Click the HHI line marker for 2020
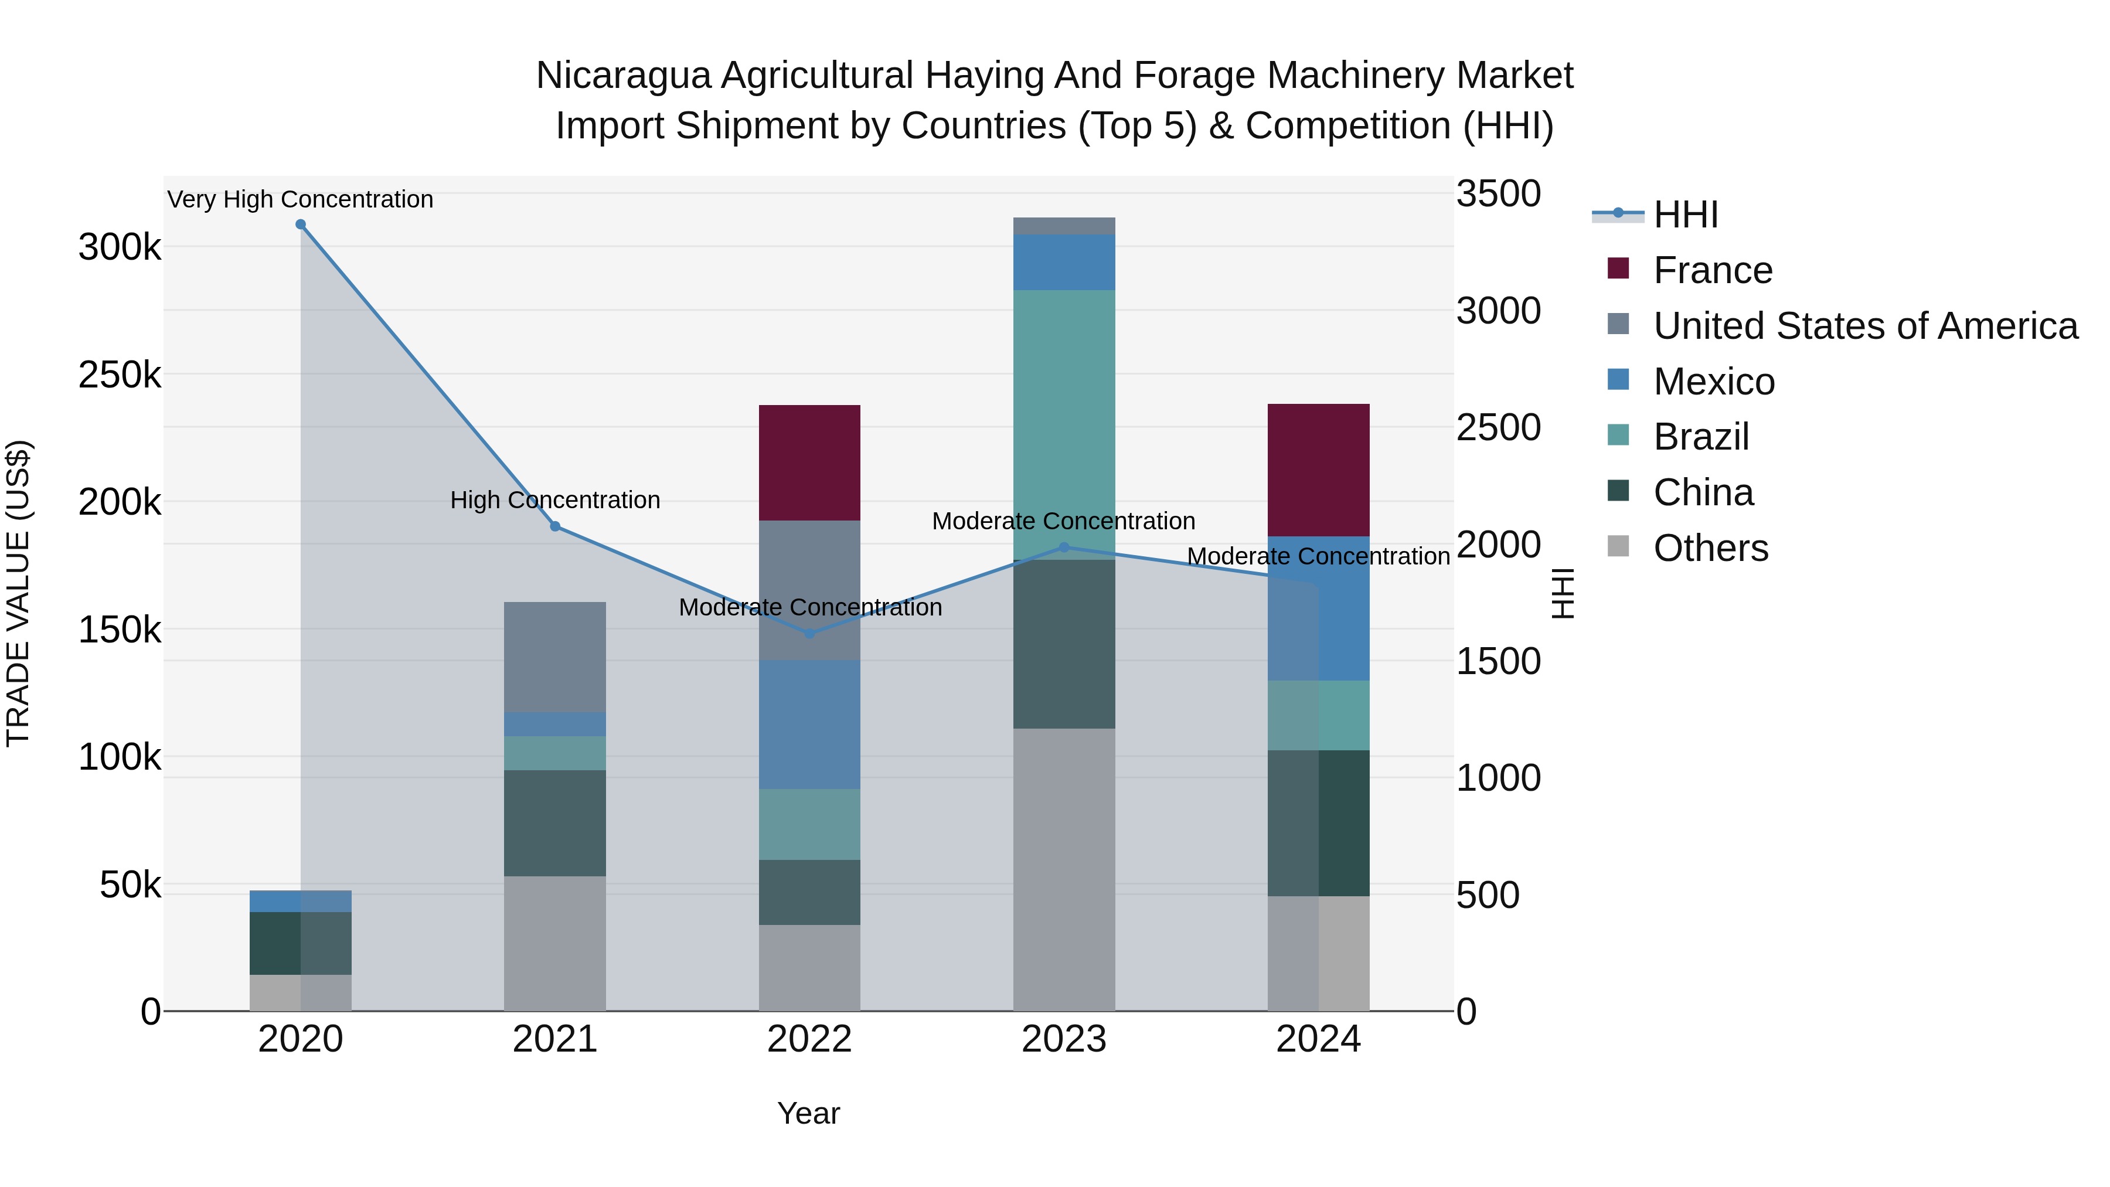pyautogui.click(x=301, y=225)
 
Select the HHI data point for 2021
pyautogui.click(x=556, y=527)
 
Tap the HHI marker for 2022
pyautogui.click(x=810, y=633)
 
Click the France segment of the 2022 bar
pyautogui.click(x=809, y=463)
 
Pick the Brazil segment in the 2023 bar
pyautogui.click(x=1064, y=424)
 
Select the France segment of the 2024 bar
pyautogui.click(x=1319, y=470)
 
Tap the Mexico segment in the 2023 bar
pyautogui.click(x=1064, y=262)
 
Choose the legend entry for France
pyautogui.click(x=1712, y=270)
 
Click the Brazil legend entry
pyautogui.click(x=1700, y=437)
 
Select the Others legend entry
pyautogui.click(x=1710, y=548)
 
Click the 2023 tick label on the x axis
pyautogui.click(x=1064, y=1039)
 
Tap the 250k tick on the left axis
pyautogui.click(x=120, y=375)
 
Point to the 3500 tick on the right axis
pyautogui.click(x=1498, y=195)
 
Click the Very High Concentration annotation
pyautogui.click(x=301, y=199)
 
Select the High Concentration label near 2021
pyautogui.click(x=556, y=499)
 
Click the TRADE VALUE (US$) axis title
pyautogui.click(x=18, y=593)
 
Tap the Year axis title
pyautogui.click(x=808, y=1113)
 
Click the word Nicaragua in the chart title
pyautogui.click(x=622, y=76)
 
